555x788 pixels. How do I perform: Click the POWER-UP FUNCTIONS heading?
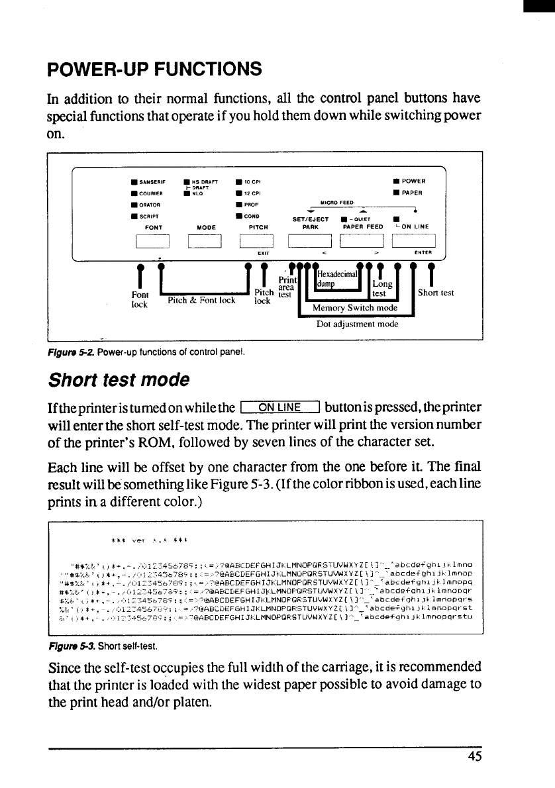pos(154,70)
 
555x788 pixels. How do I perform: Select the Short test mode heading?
pos(119,380)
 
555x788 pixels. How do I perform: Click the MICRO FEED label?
pos(336,203)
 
